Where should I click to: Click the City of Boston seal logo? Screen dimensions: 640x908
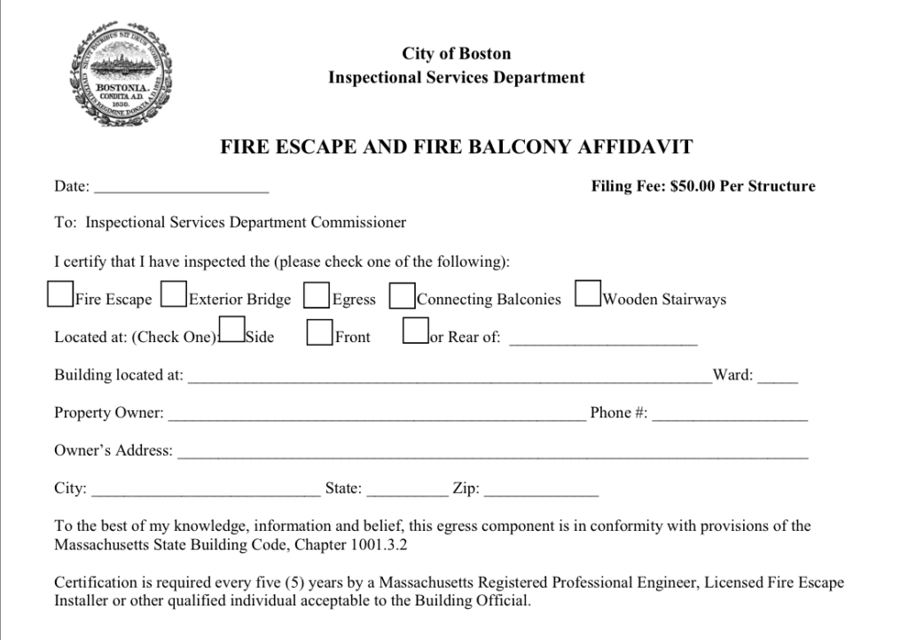[x=121, y=75]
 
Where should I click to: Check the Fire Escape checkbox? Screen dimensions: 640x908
[x=60, y=294]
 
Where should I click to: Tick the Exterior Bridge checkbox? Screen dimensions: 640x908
[x=174, y=294]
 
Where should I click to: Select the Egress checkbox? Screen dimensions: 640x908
[x=317, y=295]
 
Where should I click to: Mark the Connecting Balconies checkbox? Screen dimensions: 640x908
[x=402, y=295]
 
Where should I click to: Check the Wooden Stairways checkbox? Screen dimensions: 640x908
[x=588, y=293]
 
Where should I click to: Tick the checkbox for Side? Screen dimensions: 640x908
[x=231, y=330]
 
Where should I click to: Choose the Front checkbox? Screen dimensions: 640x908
[x=319, y=332]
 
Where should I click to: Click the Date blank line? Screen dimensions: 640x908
[x=181, y=189]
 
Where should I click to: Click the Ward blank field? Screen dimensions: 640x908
[x=778, y=379]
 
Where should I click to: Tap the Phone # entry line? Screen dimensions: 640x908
[x=730, y=416]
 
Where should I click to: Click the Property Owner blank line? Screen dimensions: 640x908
[x=377, y=416]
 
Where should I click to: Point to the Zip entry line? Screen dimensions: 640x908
[x=541, y=491]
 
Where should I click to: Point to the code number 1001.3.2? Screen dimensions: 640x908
[x=380, y=543]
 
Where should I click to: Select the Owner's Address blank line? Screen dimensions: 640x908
[x=493, y=454]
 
